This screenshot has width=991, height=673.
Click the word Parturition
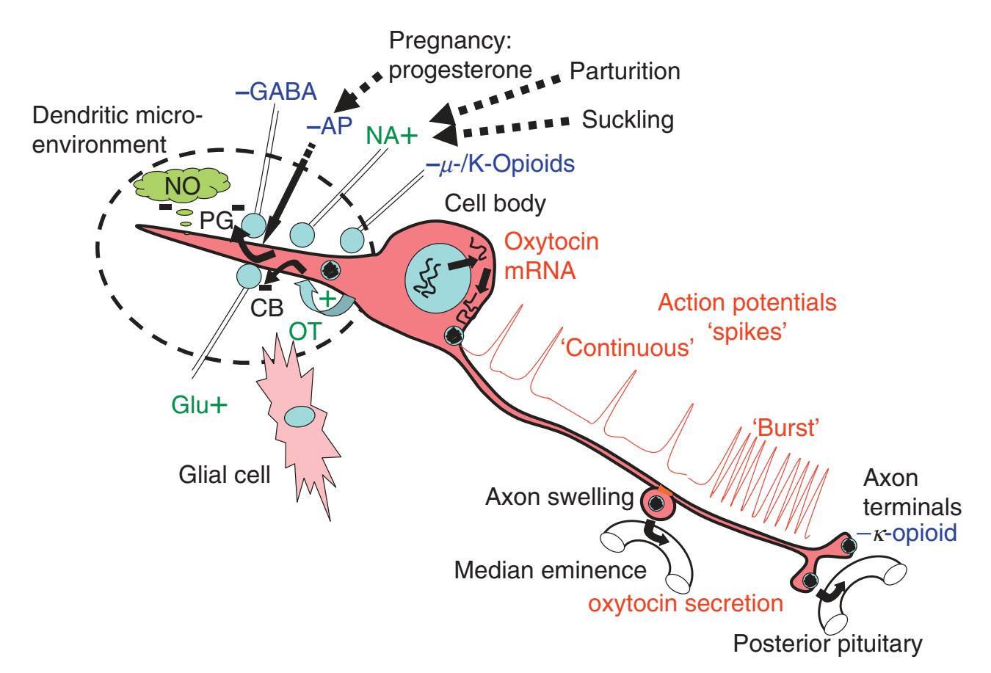click(625, 70)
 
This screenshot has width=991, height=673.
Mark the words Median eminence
click(550, 570)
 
